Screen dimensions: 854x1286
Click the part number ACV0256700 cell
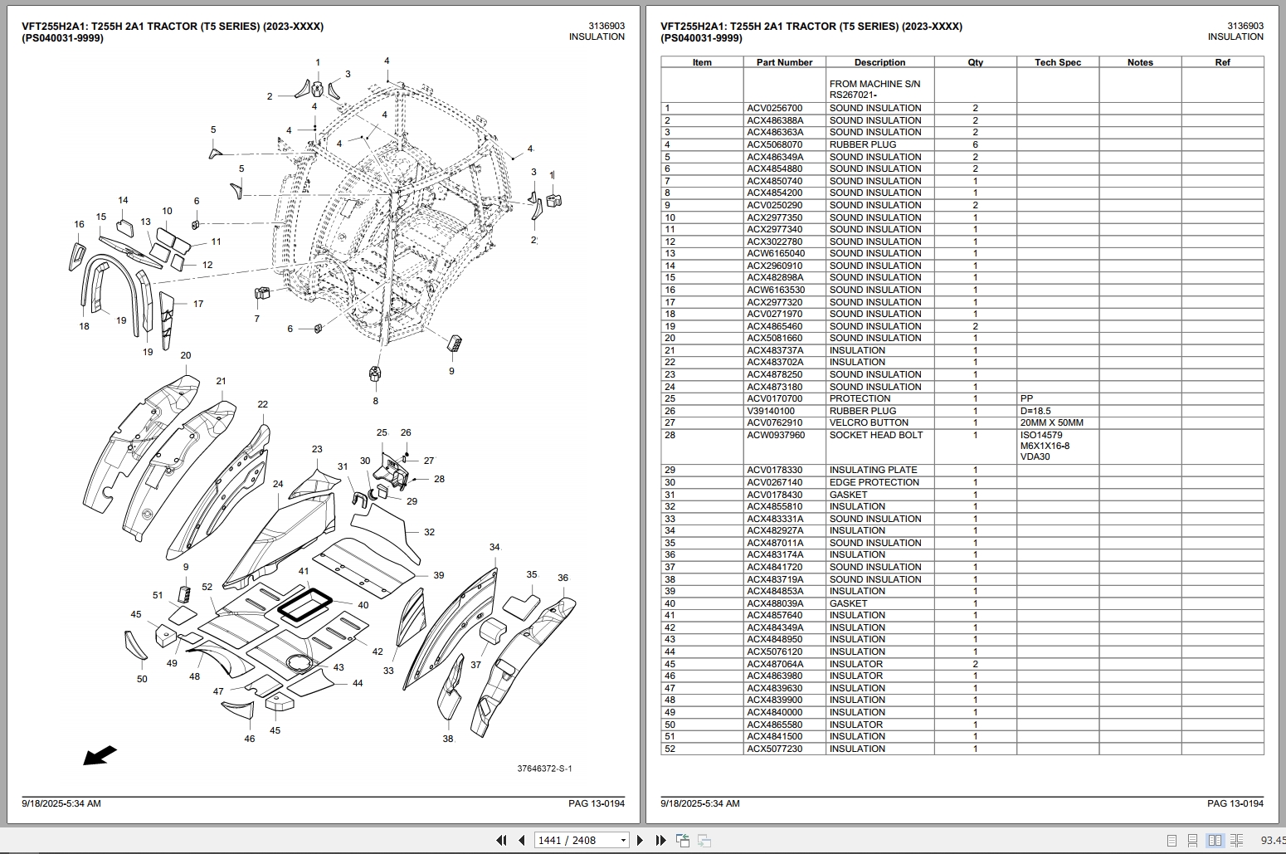coord(774,109)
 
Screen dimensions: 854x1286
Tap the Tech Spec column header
coord(1057,62)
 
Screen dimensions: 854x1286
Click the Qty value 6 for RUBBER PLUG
coord(975,145)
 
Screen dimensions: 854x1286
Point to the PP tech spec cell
coord(1026,399)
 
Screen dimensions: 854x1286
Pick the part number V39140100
coord(770,411)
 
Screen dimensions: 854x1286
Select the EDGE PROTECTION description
coord(874,483)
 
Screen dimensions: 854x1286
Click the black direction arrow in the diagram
coord(100,755)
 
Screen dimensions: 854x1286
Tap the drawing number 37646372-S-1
coord(544,769)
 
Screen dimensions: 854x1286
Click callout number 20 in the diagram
coord(185,356)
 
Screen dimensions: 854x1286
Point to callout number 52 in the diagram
coord(207,588)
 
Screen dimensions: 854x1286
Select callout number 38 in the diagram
coord(448,739)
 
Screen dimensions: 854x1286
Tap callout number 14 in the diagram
coord(123,201)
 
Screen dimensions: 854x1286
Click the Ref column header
coord(1221,62)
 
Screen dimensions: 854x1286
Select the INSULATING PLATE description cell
coord(873,471)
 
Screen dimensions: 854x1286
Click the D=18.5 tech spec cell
coord(1035,411)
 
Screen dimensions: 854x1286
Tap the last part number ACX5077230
coord(774,749)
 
